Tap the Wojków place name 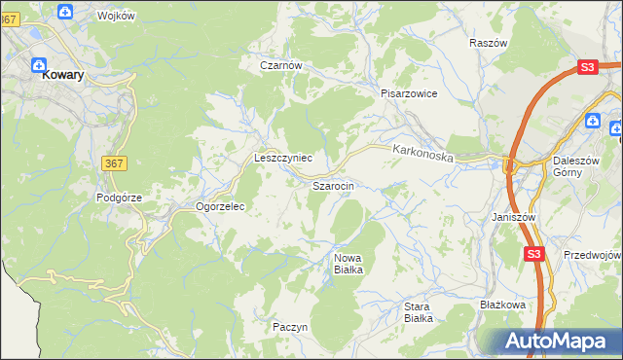tap(117, 16)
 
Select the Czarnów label tap(281, 66)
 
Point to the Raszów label tap(488, 44)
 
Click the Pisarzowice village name tap(409, 93)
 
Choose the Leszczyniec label tap(282, 157)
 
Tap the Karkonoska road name tap(423, 153)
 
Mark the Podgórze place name tap(119, 197)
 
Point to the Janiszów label tap(515, 217)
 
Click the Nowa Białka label tap(348, 264)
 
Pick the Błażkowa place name tap(502, 305)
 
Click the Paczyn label tap(290, 327)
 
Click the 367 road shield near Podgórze tap(113, 164)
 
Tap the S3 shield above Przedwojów tap(532, 254)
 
